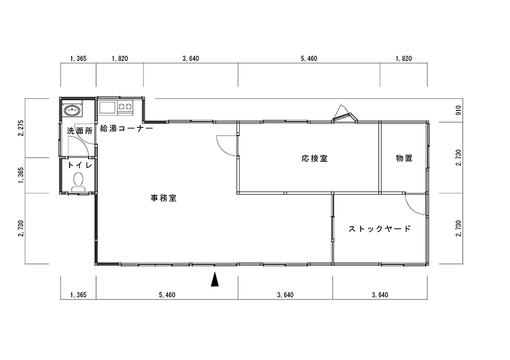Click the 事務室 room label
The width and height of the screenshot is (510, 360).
(164, 198)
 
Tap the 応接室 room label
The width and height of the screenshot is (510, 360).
(314, 159)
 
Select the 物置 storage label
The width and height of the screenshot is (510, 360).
(404, 158)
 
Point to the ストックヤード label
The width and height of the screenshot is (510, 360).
(379, 229)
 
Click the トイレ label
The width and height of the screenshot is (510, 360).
(80, 165)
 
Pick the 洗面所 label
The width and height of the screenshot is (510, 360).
(80, 131)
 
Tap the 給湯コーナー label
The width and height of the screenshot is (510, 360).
(126, 128)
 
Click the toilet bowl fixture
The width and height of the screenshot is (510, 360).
(78, 182)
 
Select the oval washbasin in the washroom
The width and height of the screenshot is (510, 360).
(73, 110)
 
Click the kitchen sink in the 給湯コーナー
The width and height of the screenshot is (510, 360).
(107, 107)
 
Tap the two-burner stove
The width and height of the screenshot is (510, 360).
(125, 107)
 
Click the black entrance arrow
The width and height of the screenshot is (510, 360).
(215, 279)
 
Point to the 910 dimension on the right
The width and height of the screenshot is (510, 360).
(458, 110)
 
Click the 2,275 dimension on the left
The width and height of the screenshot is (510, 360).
(21, 128)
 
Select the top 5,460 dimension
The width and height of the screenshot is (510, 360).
(309, 58)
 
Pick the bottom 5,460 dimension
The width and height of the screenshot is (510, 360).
(167, 295)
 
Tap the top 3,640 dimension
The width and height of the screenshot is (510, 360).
(191, 58)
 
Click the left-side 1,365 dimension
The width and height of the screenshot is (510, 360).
(21, 175)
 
